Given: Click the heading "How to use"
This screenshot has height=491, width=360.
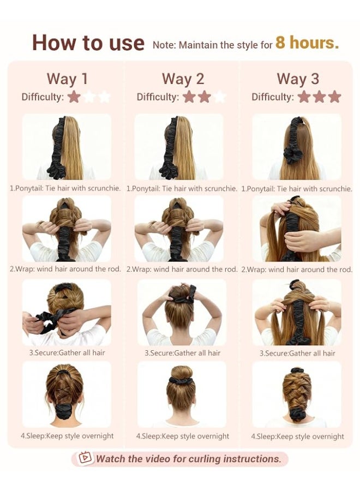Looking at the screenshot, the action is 88,43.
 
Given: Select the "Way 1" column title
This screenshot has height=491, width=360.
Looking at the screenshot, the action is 67,79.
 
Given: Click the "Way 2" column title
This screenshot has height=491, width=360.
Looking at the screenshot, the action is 183,79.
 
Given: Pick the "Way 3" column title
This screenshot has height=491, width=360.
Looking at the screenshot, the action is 298,79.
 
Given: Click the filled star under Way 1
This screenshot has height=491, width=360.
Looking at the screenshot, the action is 74,97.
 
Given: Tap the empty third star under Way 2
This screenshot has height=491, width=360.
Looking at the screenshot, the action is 219,97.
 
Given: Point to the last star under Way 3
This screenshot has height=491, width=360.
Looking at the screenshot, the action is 335,97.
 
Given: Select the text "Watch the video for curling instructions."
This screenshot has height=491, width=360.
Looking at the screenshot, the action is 189,459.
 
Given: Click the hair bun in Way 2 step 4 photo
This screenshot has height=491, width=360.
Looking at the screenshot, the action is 182,372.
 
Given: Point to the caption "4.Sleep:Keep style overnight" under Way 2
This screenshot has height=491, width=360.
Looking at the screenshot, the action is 183,436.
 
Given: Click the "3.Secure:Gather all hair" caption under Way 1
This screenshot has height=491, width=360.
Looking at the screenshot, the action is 67,352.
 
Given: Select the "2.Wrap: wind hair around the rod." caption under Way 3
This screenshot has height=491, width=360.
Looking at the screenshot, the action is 297,270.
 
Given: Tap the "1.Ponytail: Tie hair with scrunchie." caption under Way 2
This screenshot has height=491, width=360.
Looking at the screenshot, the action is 182,189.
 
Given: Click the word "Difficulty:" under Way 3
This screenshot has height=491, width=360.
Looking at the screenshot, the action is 273,97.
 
